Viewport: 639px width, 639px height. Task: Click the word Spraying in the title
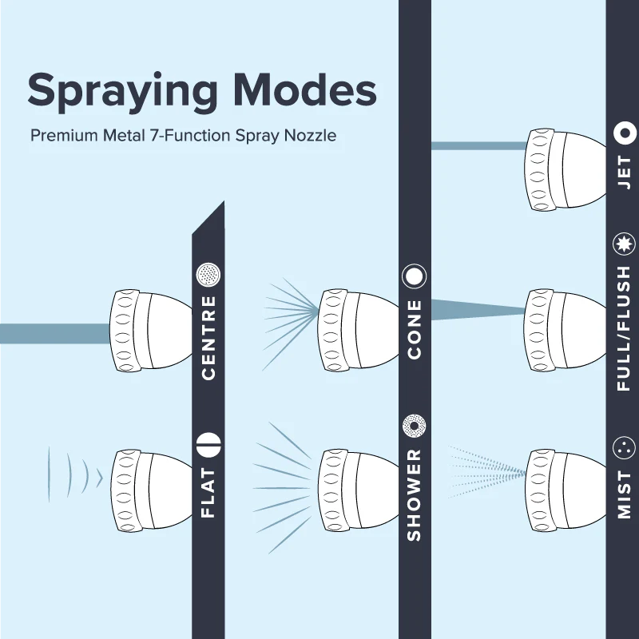[122, 92]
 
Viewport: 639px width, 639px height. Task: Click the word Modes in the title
[305, 89]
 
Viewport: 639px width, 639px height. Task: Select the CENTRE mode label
[208, 338]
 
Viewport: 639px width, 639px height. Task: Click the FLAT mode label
[208, 493]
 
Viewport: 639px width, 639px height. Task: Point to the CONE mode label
[415, 330]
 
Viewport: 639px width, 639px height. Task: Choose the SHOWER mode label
[415, 495]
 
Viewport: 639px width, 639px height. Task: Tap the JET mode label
[625, 172]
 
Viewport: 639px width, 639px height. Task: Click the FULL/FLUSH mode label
[625, 328]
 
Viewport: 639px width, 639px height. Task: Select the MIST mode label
[625, 494]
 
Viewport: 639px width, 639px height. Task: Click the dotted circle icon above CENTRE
[208, 274]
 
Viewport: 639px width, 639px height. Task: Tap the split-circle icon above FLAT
[208, 445]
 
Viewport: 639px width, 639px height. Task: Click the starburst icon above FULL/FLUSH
[625, 244]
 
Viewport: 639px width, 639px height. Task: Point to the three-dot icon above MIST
[625, 448]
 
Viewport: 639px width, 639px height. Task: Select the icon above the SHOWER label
[414, 427]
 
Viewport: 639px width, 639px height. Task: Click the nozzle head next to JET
[566, 169]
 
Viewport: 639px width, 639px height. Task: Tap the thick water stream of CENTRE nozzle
[55, 334]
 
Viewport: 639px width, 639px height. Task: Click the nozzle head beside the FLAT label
[151, 490]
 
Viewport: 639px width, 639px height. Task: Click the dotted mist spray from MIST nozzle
[487, 473]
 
